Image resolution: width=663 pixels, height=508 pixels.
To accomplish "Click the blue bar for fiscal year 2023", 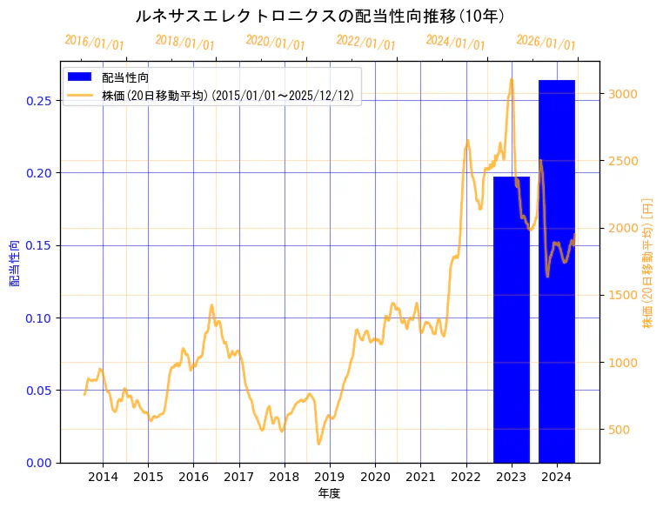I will coord(511,318).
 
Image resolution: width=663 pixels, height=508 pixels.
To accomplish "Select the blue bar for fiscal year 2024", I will coord(557,271).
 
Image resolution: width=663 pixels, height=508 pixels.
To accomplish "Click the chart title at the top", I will coord(321,16).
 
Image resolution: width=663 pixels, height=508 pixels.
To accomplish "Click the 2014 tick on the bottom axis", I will coord(103,478).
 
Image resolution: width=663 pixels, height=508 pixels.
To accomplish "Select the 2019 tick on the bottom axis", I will coord(330,478).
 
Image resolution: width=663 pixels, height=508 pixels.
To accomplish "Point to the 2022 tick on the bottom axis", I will coord(465,478).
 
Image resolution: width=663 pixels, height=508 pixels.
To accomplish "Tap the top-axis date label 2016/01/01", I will coord(95,43).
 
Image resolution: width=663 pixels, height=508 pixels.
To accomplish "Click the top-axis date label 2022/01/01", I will coord(365,43).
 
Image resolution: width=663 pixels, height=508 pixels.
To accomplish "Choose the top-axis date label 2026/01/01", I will coord(546,43).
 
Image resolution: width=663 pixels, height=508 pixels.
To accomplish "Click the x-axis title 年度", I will coord(330,493).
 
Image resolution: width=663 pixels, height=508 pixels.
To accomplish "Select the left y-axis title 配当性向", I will coord(15,263).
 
